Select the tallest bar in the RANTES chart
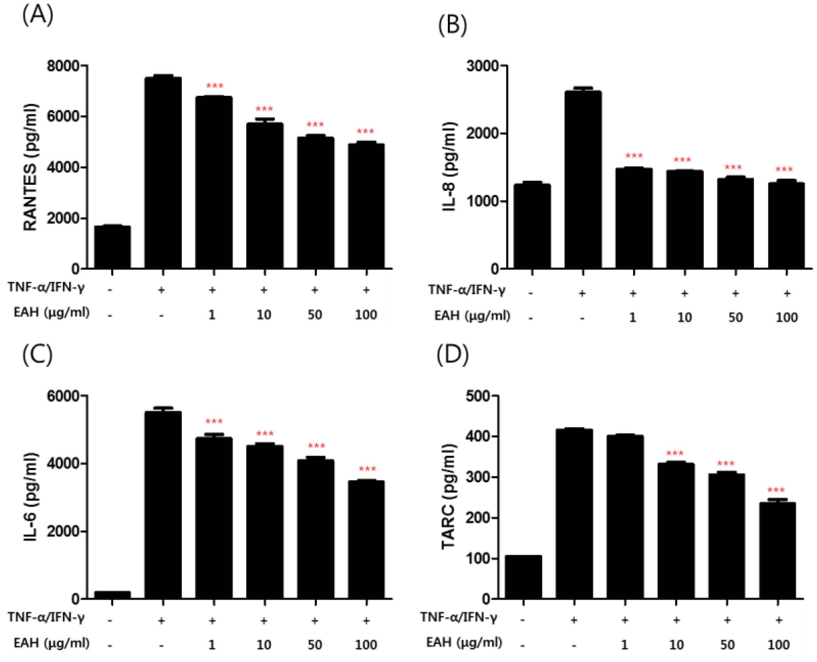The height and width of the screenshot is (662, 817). tap(163, 172)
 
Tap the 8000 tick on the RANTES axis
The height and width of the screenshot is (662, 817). tap(63, 66)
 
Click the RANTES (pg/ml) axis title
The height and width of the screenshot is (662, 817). tap(31, 167)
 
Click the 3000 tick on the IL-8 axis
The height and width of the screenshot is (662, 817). tap(482, 66)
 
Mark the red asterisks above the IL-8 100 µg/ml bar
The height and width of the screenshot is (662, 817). tap(784, 169)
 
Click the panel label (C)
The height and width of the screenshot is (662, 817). tap(37, 354)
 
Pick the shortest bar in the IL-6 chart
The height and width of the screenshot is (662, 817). tap(112, 595)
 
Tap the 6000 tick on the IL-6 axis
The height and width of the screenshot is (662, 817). tap(63, 396)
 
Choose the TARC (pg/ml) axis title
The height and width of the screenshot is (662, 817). tap(449, 497)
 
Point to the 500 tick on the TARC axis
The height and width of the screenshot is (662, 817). tap(478, 396)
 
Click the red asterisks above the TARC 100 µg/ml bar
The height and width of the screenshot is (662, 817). tap(776, 490)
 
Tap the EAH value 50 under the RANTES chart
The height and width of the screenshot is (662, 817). tap(315, 314)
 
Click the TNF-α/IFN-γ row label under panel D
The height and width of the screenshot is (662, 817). tap(459, 617)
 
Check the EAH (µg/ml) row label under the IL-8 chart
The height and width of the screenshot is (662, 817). tap(472, 316)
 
